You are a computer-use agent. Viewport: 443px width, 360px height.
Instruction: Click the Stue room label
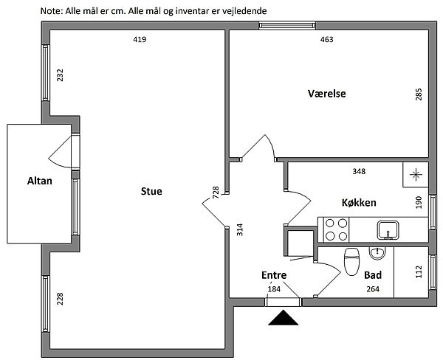pos(151,192)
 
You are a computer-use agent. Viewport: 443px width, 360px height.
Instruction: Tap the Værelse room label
pos(327,94)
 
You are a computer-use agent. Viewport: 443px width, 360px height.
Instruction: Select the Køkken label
pos(360,202)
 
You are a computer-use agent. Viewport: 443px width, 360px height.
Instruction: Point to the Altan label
pos(40,181)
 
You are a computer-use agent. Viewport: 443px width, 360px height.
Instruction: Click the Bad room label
pos(373,274)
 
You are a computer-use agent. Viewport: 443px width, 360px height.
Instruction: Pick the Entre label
pos(274,275)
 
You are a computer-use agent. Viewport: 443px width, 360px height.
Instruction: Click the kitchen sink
pos(387,230)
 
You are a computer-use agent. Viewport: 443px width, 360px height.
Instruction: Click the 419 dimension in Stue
pos(138,40)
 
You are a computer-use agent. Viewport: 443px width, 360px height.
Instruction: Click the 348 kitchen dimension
pos(360,172)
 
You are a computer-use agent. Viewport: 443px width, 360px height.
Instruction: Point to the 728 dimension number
pos(216,193)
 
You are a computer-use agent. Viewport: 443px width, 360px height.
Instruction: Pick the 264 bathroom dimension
pos(373,289)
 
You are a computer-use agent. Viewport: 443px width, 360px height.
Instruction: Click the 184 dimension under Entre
pos(274,288)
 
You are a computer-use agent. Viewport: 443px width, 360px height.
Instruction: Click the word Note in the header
pos(52,12)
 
